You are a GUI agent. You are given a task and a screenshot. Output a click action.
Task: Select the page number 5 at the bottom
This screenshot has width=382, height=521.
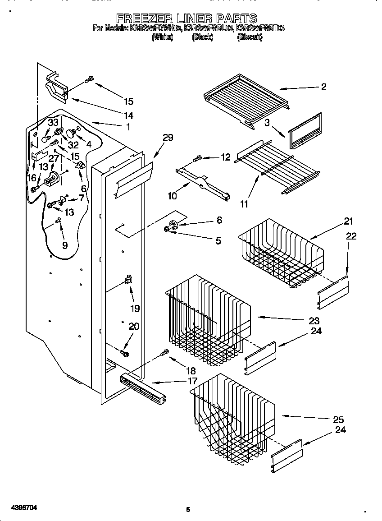coord(188,509)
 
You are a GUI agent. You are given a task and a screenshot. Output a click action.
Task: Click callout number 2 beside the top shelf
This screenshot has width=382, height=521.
coord(323,87)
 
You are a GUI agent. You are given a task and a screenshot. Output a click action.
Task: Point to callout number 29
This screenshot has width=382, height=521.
coord(168,138)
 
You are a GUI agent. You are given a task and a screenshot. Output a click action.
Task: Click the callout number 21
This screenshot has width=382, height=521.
coord(348,221)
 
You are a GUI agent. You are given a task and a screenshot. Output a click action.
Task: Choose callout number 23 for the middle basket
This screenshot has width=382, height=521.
coord(314,321)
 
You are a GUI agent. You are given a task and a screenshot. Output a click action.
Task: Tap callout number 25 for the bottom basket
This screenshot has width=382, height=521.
coord(338,419)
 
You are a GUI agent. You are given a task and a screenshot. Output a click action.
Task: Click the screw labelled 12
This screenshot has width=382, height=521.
coord(198,159)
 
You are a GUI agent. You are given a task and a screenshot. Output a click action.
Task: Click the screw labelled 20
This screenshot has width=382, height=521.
coord(124,351)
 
